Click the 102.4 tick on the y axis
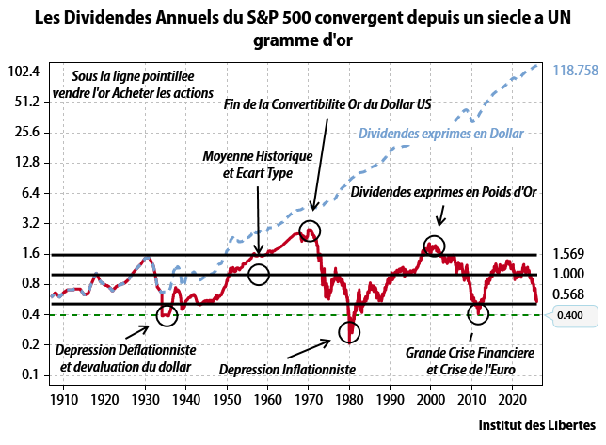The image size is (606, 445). pos(25,72)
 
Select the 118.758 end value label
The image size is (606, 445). pos(576,71)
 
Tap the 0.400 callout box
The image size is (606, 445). pos(569,315)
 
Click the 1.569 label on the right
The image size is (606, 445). pos(569,255)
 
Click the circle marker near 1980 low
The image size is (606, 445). pos(350,331)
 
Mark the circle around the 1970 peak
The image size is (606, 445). pos(310,230)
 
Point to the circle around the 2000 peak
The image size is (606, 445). pos(434,246)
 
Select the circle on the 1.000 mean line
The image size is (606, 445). pos(259,275)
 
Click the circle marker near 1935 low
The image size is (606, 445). pos(167,315)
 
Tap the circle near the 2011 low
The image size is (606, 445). pos(478,311)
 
